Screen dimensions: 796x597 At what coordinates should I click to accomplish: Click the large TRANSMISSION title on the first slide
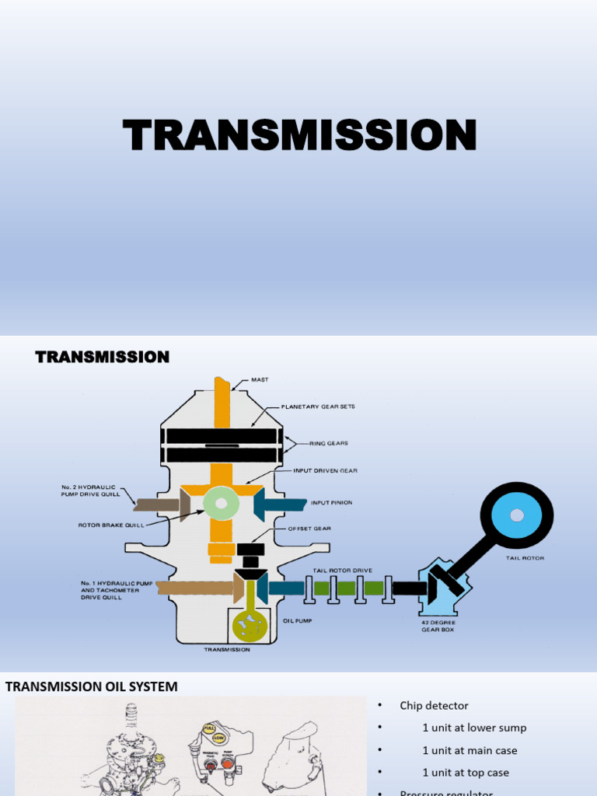[x=299, y=135]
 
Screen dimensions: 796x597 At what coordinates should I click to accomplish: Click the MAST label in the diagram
[x=259, y=380]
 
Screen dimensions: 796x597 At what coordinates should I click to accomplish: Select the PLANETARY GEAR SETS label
[x=317, y=406]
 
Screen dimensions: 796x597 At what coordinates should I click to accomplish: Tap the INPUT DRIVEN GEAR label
[x=325, y=470]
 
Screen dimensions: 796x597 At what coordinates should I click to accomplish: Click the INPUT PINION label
[x=331, y=503]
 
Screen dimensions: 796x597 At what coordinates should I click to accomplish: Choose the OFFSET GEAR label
[x=309, y=528]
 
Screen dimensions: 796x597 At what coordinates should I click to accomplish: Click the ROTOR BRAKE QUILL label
[x=112, y=525]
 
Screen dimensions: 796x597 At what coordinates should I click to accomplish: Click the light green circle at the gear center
[x=221, y=504]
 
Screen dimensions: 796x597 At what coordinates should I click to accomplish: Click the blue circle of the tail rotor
[x=516, y=515]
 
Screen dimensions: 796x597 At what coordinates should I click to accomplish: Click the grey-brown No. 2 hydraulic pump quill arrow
[x=160, y=504]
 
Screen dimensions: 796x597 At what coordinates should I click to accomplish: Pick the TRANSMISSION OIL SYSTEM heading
[x=92, y=686]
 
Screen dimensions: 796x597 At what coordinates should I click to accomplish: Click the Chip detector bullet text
[x=434, y=706]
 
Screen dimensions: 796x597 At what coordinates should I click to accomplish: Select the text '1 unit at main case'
[x=470, y=750]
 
